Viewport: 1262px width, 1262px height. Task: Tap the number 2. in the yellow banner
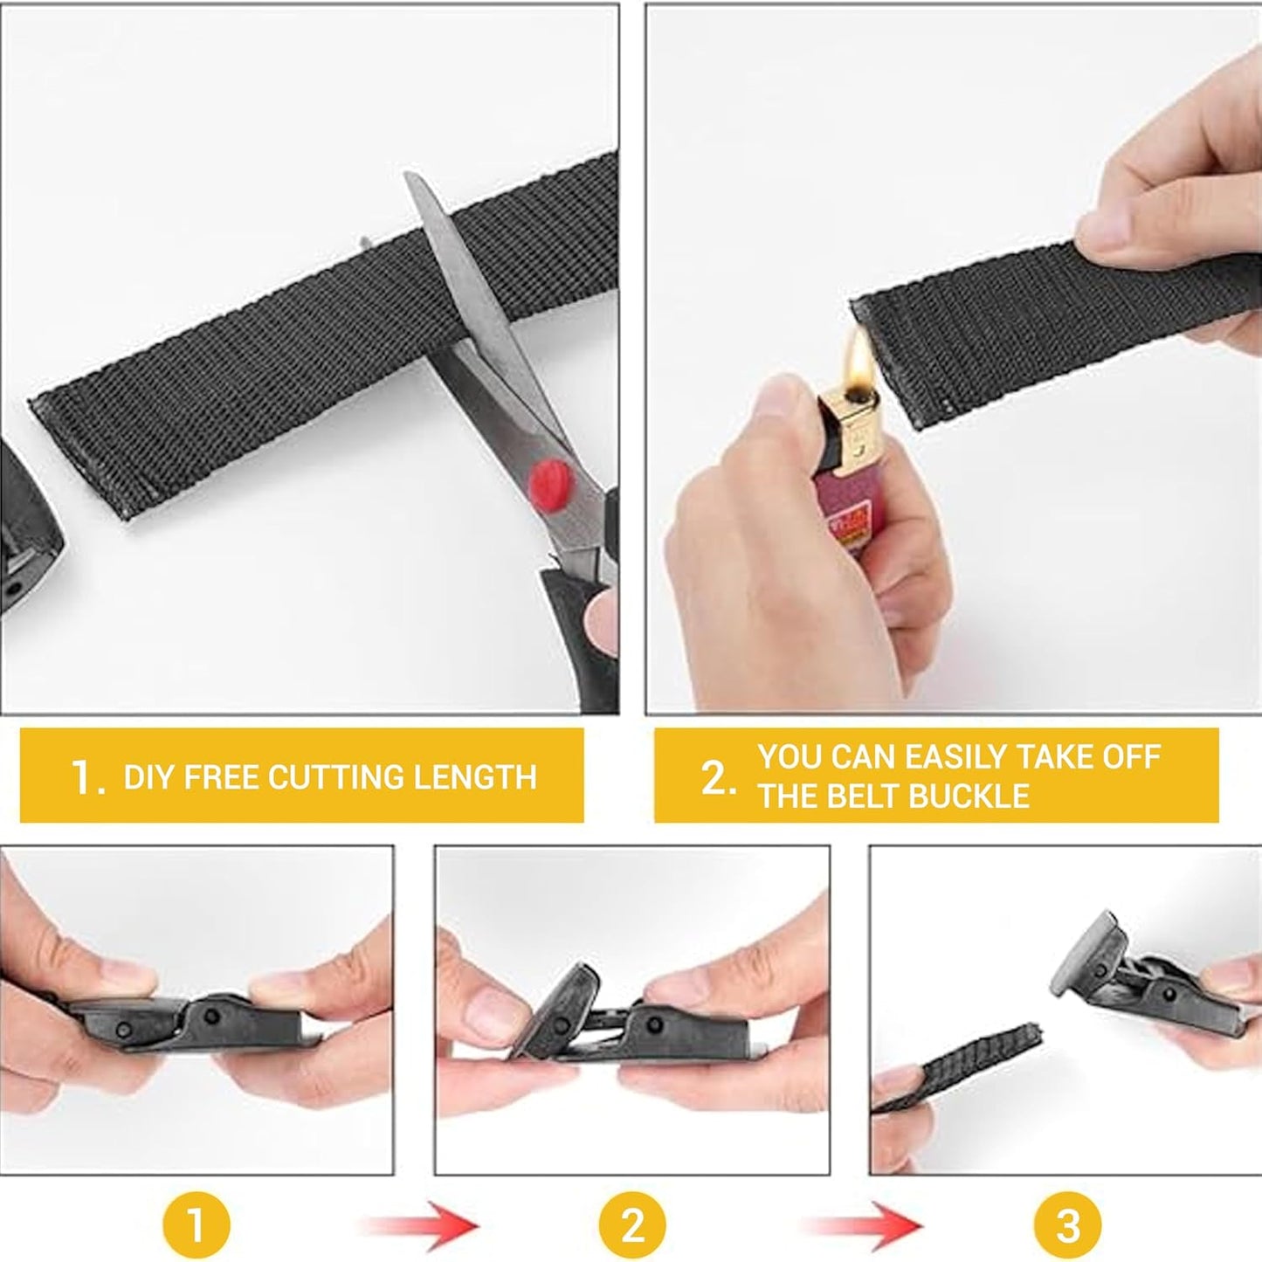[x=718, y=777]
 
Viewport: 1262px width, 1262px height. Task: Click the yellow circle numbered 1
[x=196, y=1224]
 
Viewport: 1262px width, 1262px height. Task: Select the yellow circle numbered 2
[x=631, y=1224]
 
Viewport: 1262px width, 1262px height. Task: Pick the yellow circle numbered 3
[x=1067, y=1224]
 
